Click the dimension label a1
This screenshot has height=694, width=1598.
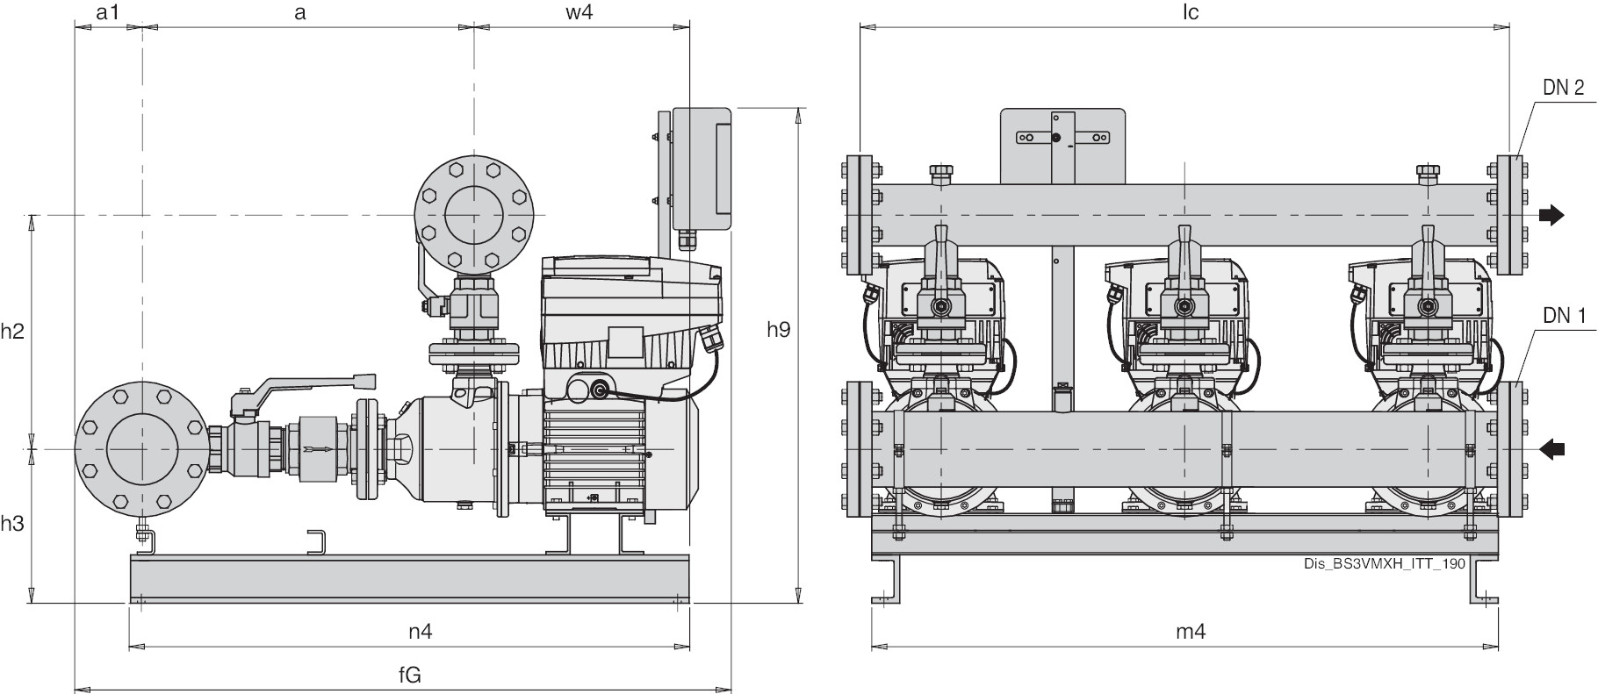click(x=107, y=13)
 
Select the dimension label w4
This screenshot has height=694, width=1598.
click(x=579, y=13)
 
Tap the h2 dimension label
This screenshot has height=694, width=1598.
click(x=12, y=332)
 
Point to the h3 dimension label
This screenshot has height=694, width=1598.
click(x=12, y=524)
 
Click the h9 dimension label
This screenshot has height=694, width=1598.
click(x=778, y=329)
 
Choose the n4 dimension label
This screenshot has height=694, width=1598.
click(x=421, y=631)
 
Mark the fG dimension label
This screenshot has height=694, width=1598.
click(x=410, y=675)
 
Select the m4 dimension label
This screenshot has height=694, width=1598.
click(x=1191, y=631)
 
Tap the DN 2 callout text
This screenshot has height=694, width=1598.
click(x=1563, y=87)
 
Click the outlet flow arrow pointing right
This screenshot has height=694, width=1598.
click(x=1551, y=215)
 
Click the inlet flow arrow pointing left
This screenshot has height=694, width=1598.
click(x=1551, y=449)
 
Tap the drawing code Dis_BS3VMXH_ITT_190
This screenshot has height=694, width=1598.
click(x=1385, y=563)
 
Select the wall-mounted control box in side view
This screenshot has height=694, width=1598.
click(x=702, y=168)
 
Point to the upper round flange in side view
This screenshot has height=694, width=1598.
click(x=474, y=215)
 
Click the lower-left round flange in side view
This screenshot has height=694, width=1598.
click(x=140, y=449)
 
